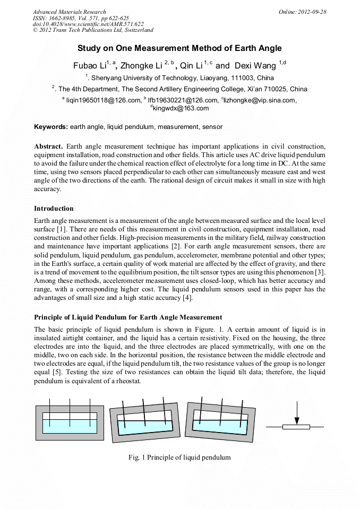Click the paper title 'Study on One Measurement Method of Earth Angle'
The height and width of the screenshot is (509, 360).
tap(179, 48)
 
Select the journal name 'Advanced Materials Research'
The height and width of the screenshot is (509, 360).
tap(69, 12)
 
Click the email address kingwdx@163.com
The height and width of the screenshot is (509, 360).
tap(181, 108)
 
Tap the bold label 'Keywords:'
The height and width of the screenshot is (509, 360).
tap(51, 127)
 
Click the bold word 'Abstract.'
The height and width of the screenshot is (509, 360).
tap(48, 146)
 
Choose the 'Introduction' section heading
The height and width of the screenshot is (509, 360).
tap(54, 208)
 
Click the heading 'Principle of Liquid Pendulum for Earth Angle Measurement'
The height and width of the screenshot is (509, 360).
tap(128, 317)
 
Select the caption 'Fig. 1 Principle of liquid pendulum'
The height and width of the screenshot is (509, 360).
tap(179, 457)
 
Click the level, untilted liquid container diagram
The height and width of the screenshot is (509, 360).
tap(70, 422)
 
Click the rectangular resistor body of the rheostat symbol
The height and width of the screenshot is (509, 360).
tap(297, 426)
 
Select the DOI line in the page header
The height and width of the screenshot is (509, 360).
tap(88, 24)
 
